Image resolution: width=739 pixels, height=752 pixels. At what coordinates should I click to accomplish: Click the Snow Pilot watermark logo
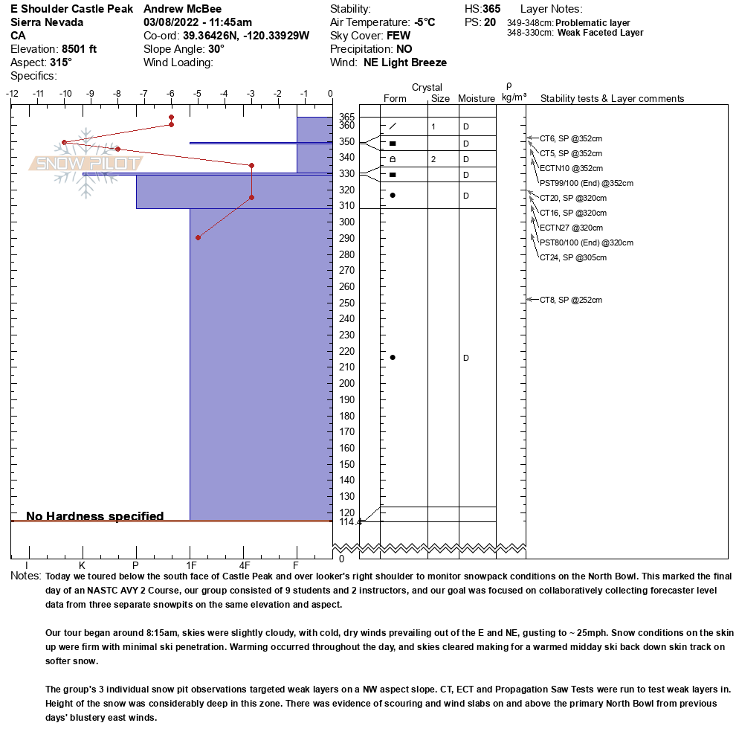coord(86,163)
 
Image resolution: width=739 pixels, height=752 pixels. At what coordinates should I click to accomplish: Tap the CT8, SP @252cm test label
coord(571,300)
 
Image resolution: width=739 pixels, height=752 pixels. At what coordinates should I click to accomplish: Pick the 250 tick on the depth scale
coord(346,303)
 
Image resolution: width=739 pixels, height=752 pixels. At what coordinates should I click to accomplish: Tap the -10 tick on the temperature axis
coord(65,94)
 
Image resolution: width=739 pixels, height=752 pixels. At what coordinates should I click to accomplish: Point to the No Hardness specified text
coord(95,516)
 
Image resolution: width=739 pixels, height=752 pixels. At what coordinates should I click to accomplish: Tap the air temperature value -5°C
coord(425,22)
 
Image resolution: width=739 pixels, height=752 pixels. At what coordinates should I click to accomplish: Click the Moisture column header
coord(477,99)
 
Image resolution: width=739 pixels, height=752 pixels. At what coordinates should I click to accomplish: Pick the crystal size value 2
coord(433,159)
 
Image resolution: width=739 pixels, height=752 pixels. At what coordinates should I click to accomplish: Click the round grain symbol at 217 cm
coord(393,358)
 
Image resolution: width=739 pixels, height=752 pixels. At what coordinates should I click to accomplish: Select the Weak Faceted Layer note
coord(600,33)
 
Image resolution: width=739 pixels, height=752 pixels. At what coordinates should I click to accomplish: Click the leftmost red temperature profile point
coord(65,142)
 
